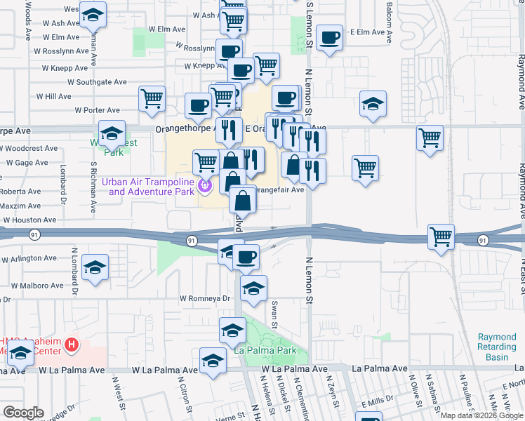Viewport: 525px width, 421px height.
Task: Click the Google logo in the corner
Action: click(23, 413)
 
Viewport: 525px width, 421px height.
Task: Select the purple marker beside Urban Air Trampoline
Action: click(205, 186)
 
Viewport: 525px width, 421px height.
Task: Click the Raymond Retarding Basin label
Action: click(497, 347)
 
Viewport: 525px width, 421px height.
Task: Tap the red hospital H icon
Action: click(70, 345)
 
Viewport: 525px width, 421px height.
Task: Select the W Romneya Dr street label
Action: click(205, 298)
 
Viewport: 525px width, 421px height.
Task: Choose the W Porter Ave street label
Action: click(97, 110)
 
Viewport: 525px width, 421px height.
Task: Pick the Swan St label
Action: click(274, 316)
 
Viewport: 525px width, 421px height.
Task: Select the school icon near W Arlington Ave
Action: click(95, 267)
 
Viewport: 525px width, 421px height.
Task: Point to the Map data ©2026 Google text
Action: click(481, 415)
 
